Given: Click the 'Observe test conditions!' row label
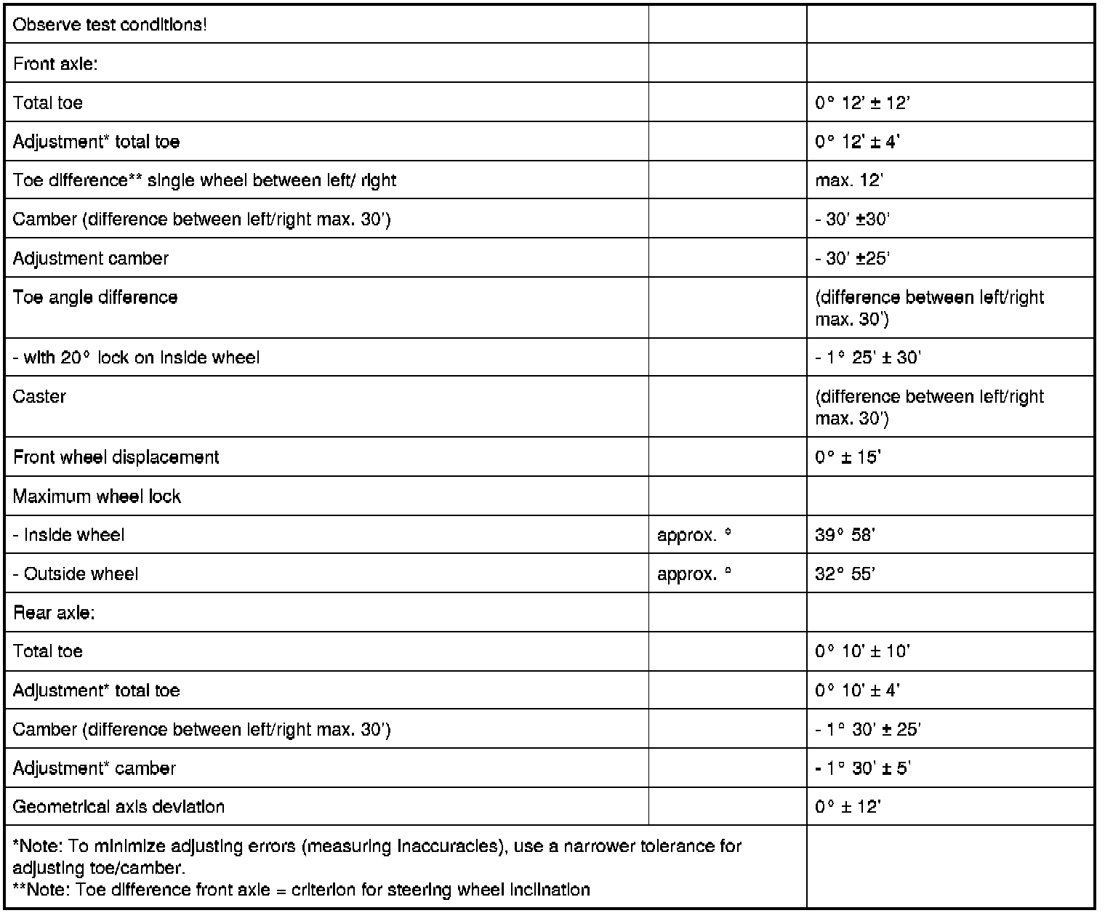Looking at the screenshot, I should coord(110,25).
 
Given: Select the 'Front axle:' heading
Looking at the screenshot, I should coord(55,64).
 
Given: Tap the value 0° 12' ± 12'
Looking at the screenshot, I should coord(862,103).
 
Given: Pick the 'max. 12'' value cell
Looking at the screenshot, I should coord(848,180).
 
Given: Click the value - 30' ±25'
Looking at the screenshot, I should coord(853,259).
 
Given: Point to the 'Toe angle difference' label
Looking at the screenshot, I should coord(95,297).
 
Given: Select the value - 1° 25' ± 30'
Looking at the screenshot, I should coord(868,358).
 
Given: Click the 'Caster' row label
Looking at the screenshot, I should coord(39,396).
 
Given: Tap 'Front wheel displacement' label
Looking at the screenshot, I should coord(116,457).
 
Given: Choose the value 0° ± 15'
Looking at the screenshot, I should coord(848,457).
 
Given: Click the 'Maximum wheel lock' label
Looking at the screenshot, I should coord(97,496).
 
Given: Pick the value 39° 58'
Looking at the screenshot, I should coord(845,536).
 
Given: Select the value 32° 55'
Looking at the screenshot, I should coord(845,574).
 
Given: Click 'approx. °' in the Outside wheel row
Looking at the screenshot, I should coord(694,574).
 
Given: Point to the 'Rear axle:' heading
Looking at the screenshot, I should coord(54,613).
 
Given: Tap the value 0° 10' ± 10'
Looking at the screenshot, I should coord(862,651).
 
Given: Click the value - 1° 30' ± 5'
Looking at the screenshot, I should coord(863,768).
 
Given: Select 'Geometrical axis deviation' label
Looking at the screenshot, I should coord(118,807).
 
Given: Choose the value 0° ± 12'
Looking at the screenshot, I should coord(848,807).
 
